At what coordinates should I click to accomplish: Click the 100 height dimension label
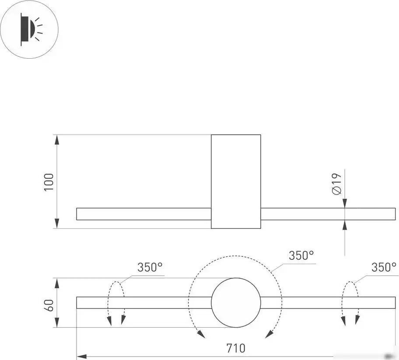coord(49,182)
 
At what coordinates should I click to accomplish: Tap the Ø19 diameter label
coord(337,184)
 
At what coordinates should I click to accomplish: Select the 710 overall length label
coord(236,348)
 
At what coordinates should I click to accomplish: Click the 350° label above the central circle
coord(301,255)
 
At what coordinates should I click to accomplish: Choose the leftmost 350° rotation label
coord(150,267)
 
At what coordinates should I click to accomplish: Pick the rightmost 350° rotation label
coord(384,267)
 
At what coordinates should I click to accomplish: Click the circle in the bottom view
coord(236,303)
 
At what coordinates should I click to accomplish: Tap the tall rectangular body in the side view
coord(236,182)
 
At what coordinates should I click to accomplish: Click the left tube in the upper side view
coord(144,214)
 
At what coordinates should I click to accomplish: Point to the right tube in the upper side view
coord(328,214)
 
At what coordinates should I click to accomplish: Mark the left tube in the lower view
coord(144,303)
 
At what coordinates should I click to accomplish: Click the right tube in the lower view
coord(328,303)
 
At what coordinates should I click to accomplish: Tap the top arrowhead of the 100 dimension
coord(57,140)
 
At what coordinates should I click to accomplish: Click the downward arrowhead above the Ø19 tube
coord(345,203)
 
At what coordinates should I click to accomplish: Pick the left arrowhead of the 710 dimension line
coord(82,356)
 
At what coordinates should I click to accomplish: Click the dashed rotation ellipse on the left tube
coord(116,303)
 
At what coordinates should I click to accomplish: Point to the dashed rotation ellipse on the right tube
coord(350,303)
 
